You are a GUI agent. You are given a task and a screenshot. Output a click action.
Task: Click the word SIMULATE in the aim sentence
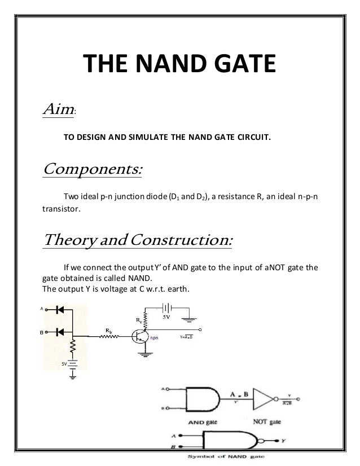161,136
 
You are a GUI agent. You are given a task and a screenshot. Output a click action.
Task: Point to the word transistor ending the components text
62,208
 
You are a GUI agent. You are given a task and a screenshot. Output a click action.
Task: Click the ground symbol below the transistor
146,354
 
